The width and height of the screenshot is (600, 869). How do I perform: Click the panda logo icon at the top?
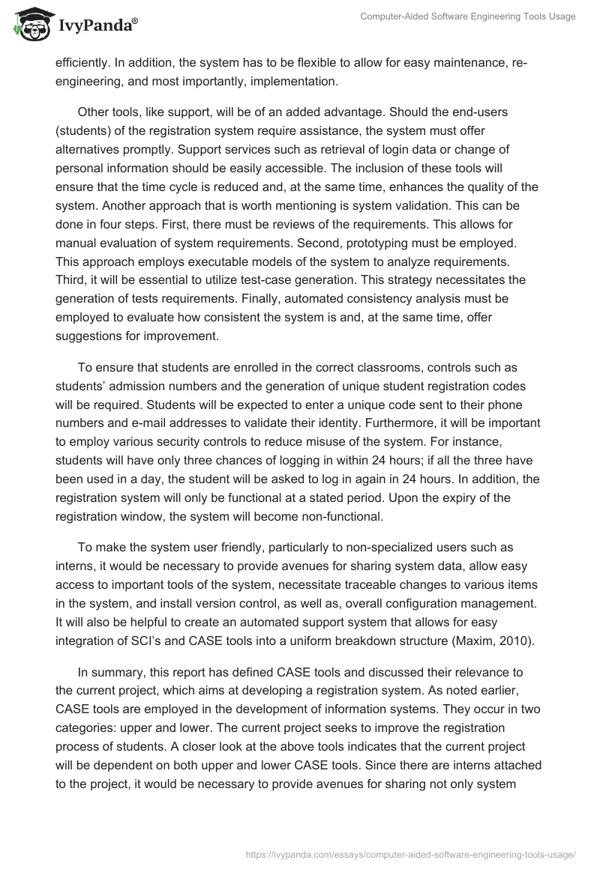[x=29, y=24]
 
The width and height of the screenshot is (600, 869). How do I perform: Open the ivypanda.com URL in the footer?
[x=410, y=853]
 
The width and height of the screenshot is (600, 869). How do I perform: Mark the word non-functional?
[x=342, y=515]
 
